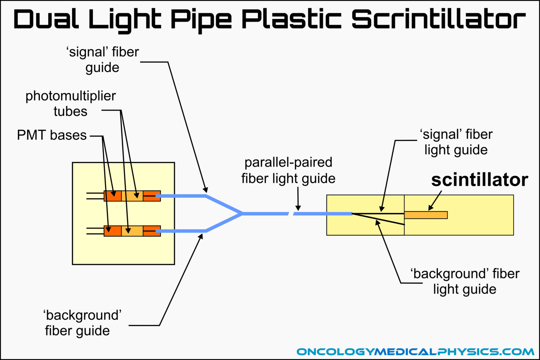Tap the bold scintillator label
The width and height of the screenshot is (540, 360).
(x=480, y=180)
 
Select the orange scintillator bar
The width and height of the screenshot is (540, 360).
(x=426, y=215)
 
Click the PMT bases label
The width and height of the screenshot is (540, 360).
(x=52, y=135)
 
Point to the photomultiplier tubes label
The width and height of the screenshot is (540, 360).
(x=70, y=103)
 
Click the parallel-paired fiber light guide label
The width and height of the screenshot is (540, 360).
(x=288, y=170)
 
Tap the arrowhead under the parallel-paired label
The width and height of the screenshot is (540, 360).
(x=298, y=208)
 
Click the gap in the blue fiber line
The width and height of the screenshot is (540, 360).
(x=291, y=214)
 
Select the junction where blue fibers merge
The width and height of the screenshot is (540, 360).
(x=242, y=213)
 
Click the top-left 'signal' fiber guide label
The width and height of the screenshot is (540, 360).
(x=103, y=59)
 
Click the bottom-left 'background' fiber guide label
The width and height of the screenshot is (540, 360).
(x=82, y=323)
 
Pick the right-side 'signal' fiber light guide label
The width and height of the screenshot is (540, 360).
(x=456, y=142)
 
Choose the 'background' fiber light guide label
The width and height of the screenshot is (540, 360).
(x=465, y=281)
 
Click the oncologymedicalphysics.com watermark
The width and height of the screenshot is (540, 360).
(x=415, y=352)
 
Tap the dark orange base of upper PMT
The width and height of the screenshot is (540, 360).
(x=113, y=196)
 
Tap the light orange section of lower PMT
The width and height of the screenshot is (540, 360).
(x=132, y=231)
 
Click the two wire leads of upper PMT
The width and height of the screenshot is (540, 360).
(x=95, y=196)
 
